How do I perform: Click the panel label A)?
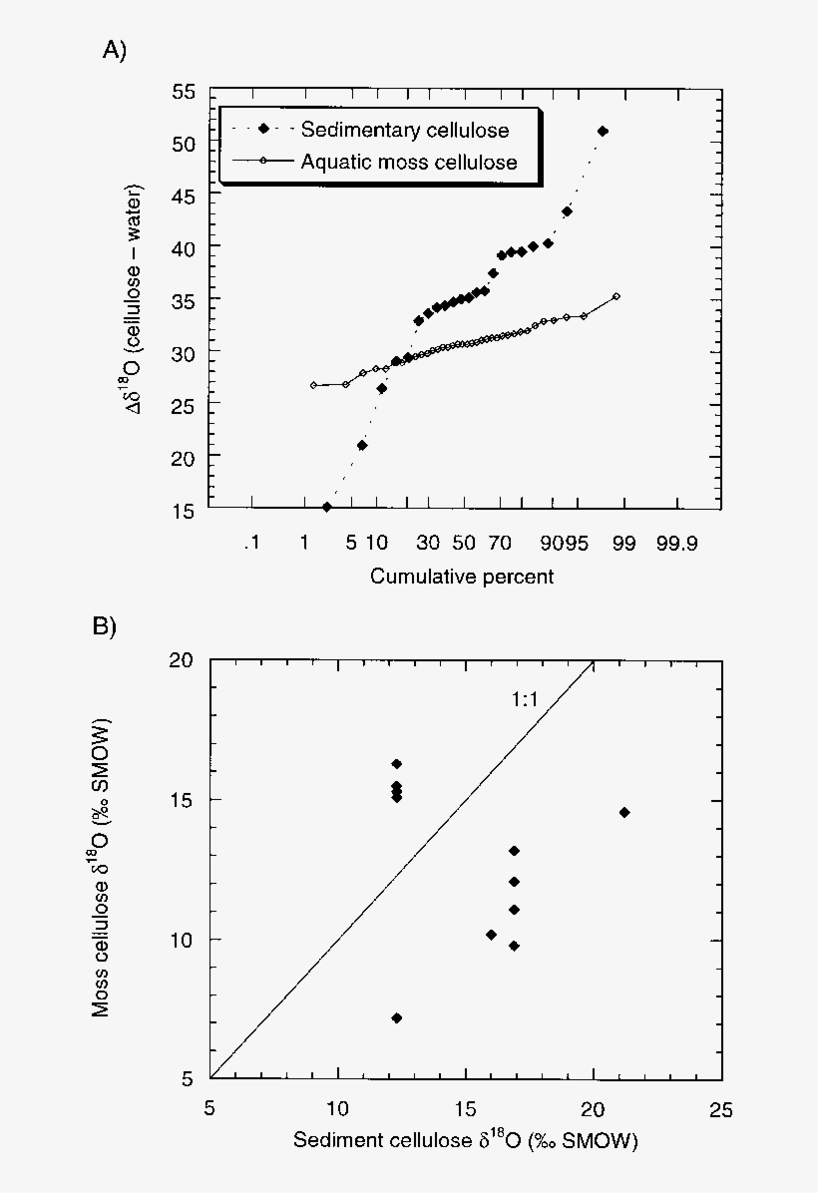click(x=115, y=51)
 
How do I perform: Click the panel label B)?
click(x=105, y=626)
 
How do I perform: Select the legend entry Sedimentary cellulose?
click(x=404, y=130)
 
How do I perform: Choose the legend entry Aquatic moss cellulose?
click(x=409, y=162)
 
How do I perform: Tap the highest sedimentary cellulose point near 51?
click(x=603, y=132)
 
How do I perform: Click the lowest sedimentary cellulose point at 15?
click(x=326, y=507)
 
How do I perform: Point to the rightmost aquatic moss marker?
click(x=616, y=296)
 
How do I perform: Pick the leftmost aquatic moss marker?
click(x=313, y=385)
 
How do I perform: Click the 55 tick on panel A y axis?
click(x=183, y=92)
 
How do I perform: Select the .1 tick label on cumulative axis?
click(x=249, y=544)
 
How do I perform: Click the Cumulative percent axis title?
click(x=462, y=577)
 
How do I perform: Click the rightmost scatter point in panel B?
click(x=624, y=812)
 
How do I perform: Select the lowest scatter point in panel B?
click(x=396, y=1017)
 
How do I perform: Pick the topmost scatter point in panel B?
click(x=396, y=764)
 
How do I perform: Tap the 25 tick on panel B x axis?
click(x=720, y=1109)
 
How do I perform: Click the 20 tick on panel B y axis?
click(x=183, y=660)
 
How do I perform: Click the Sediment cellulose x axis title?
click(x=465, y=1140)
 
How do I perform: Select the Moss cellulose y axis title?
click(x=102, y=868)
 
